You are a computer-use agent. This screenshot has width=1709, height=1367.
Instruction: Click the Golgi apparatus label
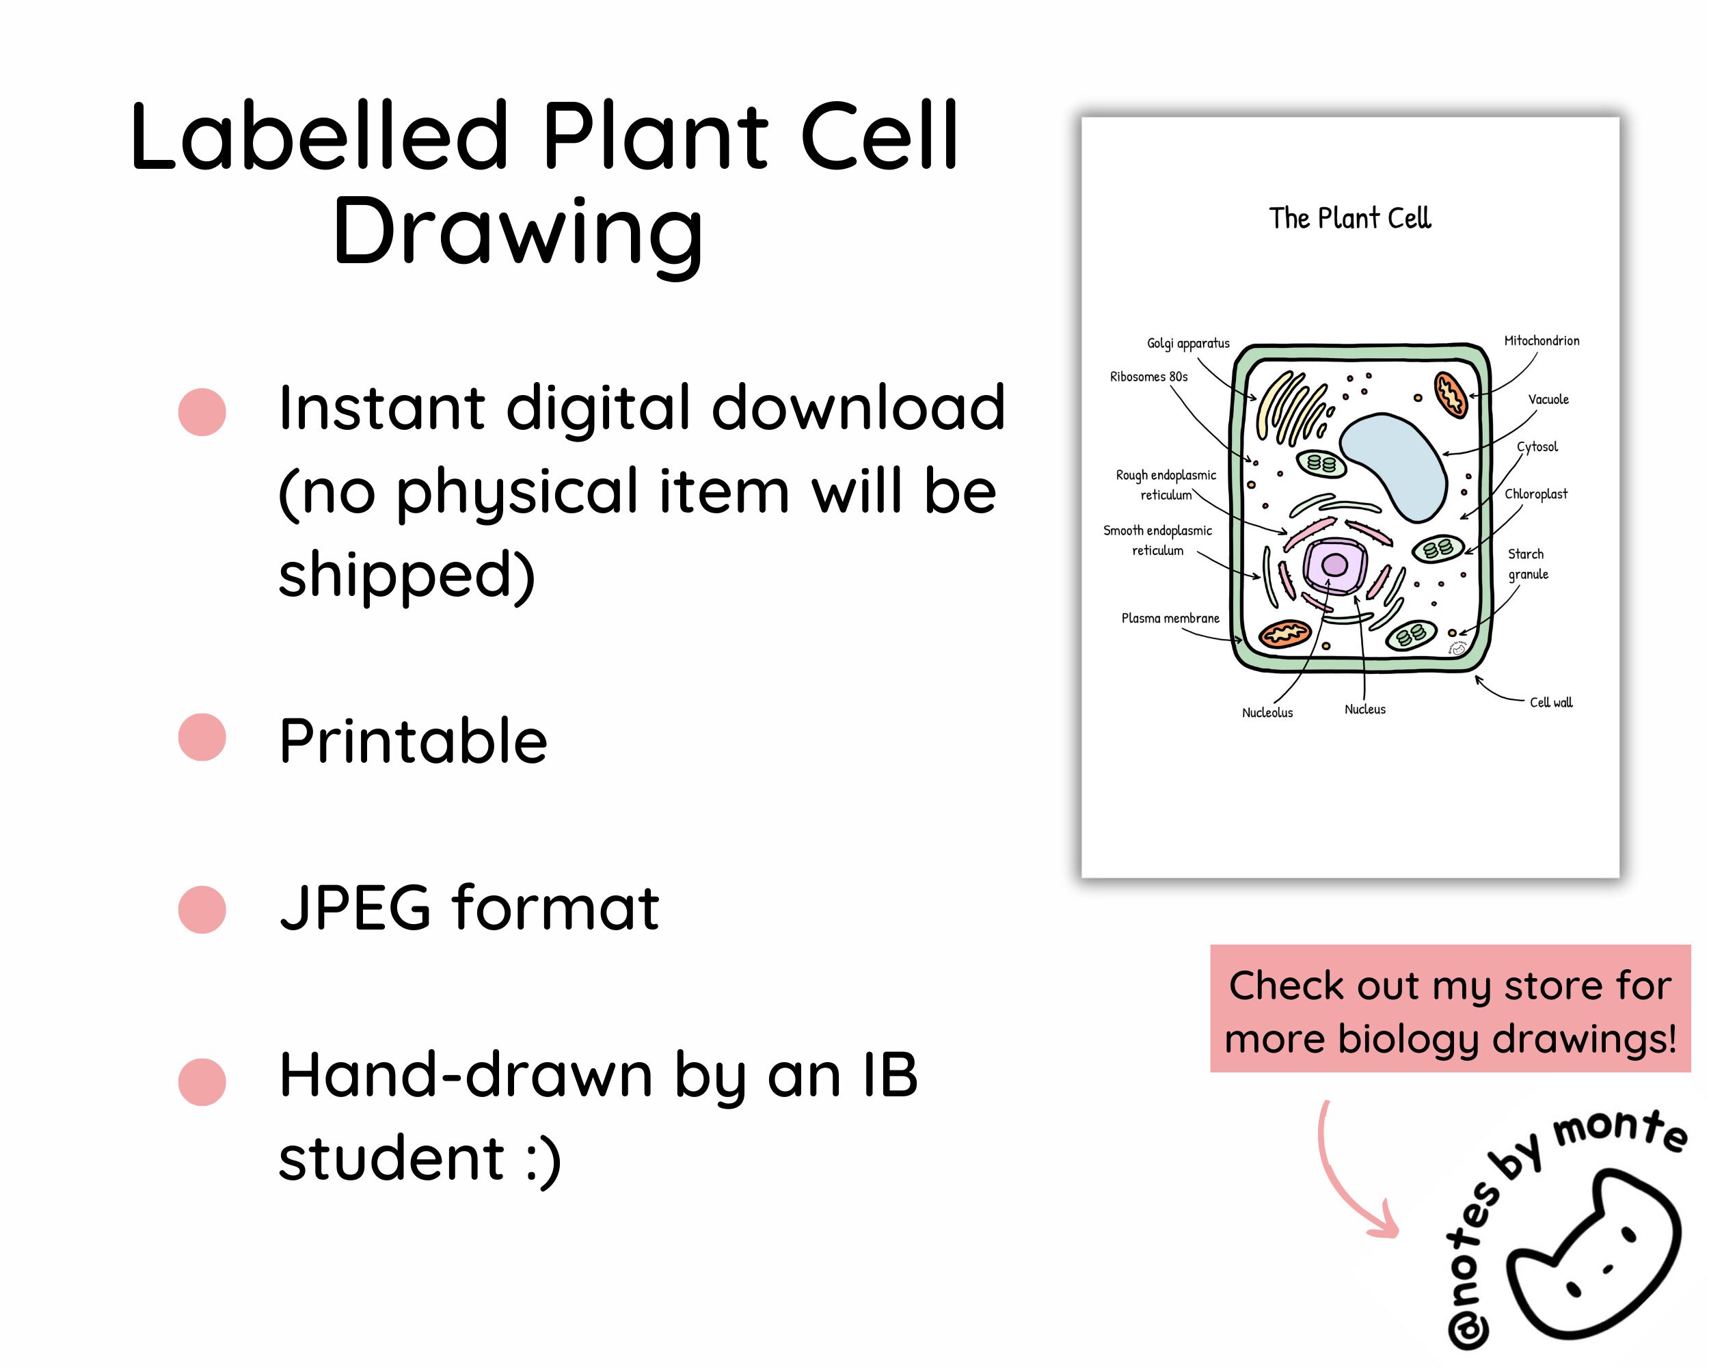(1187, 343)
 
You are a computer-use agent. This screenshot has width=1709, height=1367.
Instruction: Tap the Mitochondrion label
(1541, 341)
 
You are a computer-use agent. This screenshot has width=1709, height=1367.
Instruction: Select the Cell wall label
(1550, 702)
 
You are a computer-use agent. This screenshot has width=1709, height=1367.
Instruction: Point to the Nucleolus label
(1267, 712)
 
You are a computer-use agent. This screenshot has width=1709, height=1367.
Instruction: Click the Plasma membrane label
(1170, 618)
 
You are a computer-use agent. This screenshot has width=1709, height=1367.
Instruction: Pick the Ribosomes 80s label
(1148, 377)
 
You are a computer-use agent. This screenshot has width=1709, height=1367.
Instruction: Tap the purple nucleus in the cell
(1335, 565)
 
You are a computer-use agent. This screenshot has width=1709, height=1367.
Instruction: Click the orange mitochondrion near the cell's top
(1451, 394)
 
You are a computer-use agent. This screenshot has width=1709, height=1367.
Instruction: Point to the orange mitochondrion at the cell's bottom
(1285, 634)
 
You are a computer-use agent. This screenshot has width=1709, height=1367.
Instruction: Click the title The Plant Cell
(1349, 218)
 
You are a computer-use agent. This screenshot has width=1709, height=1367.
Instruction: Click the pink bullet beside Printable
(202, 737)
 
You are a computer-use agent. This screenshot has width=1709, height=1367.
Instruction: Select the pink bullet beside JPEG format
(202, 909)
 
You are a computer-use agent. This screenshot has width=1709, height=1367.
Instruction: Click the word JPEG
(355, 908)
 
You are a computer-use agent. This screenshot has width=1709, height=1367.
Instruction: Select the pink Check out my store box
(1450, 1009)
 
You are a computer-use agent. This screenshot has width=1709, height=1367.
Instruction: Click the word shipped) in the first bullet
(407, 576)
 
